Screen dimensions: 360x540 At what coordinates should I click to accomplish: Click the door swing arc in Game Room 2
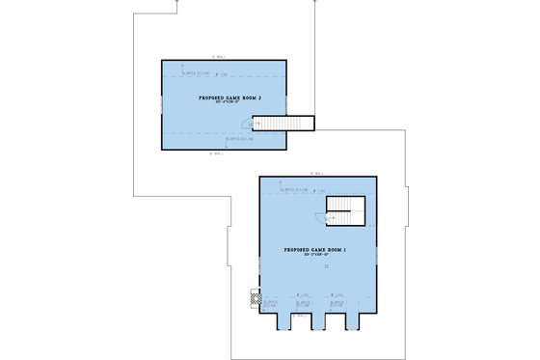[x=258, y=123]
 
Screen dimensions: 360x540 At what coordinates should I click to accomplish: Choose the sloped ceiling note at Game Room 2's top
[x=198, y=72]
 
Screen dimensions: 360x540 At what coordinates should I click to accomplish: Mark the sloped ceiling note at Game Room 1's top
[x=293, y=190]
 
